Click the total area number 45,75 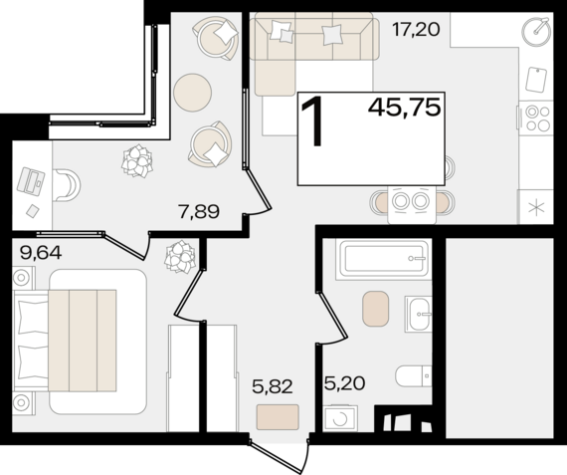[x=404, y=108]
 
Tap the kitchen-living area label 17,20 [x=416, y=29]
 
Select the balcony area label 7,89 [x=199, y=212]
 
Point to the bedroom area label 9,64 [x=41, y=253]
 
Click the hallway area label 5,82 [x=273, y=387]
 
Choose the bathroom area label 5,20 [x=344, y=383]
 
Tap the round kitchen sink [x=536, y=33]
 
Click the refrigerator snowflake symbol [x=536, y=209]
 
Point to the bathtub [x=384, y=259]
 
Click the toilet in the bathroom [x=414, y=375]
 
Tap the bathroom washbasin [x=419, y=314]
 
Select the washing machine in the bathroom [x=340, y=418]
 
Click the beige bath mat [x=376, y=309]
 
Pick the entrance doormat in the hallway [x=278, y=417]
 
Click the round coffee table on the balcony [x=192, y=93]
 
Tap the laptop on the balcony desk [x=31, y=181]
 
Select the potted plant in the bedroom [x=180, y=256]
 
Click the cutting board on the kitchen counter [x=536, y=79]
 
